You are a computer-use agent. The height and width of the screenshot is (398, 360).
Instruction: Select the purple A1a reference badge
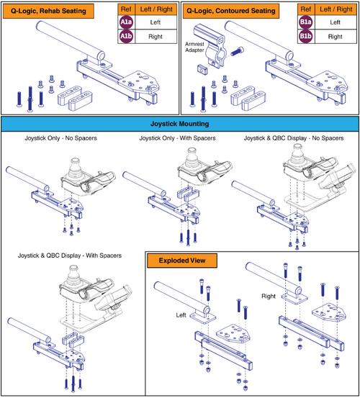coord(127,22)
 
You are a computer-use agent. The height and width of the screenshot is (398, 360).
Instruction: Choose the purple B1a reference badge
coord(306,22)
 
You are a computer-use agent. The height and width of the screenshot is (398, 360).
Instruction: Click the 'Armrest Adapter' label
coord(196,45)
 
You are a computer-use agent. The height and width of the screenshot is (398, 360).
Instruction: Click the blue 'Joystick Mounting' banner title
coord(180,123)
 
